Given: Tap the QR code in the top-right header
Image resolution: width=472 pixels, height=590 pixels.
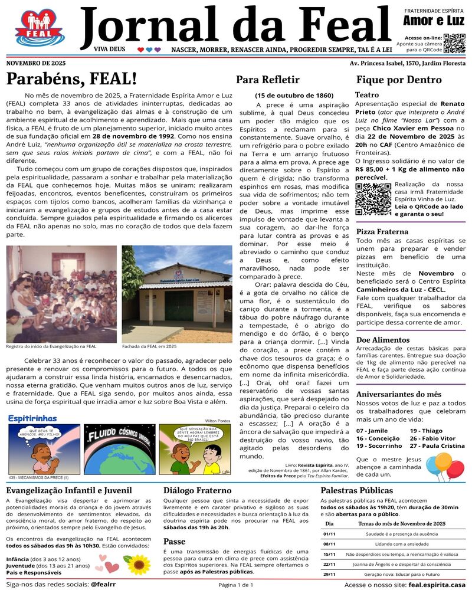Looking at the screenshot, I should pyautogui.click(x=454, y=43).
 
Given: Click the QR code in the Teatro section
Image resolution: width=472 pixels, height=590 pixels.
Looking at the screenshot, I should pyautogui.click(x=373, y=199).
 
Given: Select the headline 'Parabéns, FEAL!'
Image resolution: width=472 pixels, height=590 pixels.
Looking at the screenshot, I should pyautogui.click(x=71, y=78).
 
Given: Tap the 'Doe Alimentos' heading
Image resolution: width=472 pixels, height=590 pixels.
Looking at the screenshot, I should pyautogui.click(x=383, y=340).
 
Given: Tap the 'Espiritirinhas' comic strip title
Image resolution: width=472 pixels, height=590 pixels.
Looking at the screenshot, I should pyautogui.click(x=32, y=418).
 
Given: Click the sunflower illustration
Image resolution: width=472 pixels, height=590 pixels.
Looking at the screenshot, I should pyautogui.click(x=136, y=565).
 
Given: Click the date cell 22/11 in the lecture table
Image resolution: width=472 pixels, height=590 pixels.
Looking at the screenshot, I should pyautogui.click(x=329, y=564).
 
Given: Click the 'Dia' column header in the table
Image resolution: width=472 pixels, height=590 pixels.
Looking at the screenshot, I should pyautogui.click(x=329, y=523).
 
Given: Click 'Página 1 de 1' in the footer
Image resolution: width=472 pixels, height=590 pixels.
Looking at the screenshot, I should pyautogui.click(x=235, y=585).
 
